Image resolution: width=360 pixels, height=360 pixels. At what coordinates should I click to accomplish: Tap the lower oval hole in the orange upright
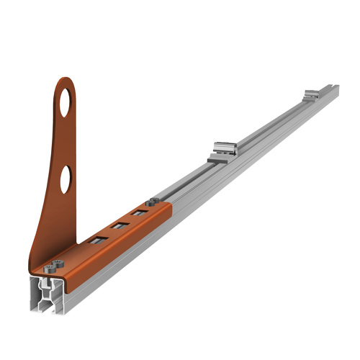[66, 179]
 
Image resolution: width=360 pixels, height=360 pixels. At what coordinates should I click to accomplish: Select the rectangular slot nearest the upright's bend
[96, 240]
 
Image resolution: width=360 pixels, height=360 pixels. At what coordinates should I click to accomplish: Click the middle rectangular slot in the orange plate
[120, 225]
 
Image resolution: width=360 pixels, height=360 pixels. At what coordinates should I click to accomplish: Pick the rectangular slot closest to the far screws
[139, 213]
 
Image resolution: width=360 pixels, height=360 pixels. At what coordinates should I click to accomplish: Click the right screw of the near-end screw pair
[58, 264]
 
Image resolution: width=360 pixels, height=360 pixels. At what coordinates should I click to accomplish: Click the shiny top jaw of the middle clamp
[225, 148]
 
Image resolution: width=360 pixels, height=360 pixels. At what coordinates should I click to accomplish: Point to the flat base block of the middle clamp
[220, 158]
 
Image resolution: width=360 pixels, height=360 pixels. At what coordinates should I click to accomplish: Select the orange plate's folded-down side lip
[115, 246]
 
